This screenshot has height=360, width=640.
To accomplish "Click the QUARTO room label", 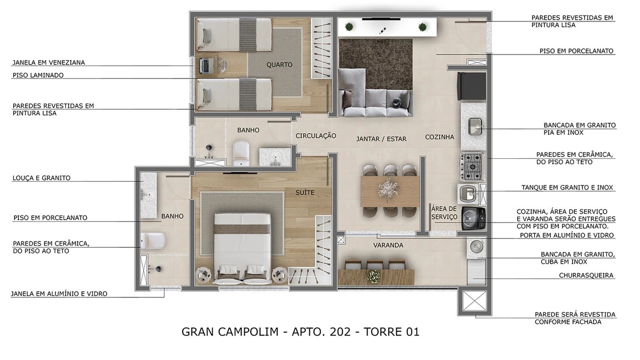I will tap(279, 65).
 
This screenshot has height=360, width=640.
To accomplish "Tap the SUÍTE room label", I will tap(305, 192).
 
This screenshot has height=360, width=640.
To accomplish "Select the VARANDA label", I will tap(388, 245).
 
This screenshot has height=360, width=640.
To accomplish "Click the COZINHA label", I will tap(440, 137).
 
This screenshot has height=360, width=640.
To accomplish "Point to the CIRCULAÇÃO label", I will tap(316, 136).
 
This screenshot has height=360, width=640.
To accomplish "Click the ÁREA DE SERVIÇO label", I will tap(444, 213).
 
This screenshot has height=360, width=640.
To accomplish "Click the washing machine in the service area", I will tap(473, 219).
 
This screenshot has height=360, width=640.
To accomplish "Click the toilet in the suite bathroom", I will tap(154, 241).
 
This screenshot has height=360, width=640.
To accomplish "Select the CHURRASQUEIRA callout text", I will tap(586, 276).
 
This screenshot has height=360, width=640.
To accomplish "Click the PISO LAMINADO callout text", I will tap(38, 75).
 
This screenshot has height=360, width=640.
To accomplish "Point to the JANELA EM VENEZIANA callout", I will tap(49, 62).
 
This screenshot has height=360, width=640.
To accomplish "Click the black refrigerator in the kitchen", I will tap(471, 86).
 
